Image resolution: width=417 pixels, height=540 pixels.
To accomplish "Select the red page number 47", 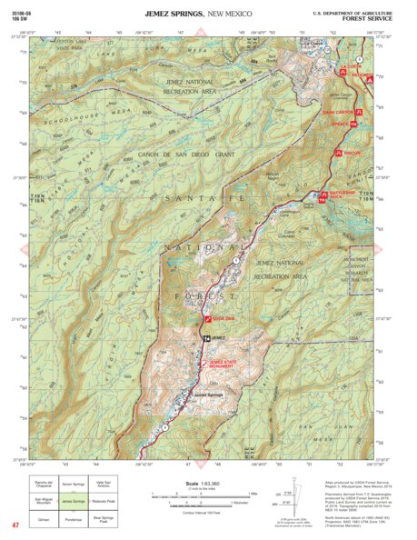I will (15, 525).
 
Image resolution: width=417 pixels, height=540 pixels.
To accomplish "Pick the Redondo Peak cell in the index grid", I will (104, 502).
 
